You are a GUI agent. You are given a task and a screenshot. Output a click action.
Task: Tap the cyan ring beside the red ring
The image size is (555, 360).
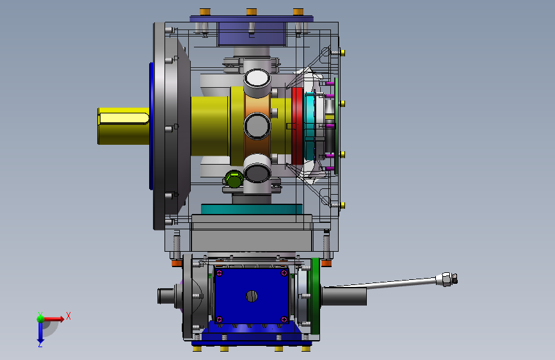tap(309, 126)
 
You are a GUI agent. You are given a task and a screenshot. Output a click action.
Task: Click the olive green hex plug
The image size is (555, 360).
tap(234, 179)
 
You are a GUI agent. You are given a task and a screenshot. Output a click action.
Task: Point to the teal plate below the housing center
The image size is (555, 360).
tap(252, 209)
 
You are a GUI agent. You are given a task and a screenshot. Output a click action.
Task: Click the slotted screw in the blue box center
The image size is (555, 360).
tap(252, 296)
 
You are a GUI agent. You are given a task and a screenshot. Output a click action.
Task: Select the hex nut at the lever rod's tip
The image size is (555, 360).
tap(447, 279)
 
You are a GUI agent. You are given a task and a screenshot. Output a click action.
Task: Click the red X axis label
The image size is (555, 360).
tap(68, 316)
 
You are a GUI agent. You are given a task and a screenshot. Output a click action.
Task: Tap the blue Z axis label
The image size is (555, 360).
tap(40, 344)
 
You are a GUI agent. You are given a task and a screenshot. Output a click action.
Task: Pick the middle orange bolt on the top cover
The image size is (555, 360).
tap(252, 12)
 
